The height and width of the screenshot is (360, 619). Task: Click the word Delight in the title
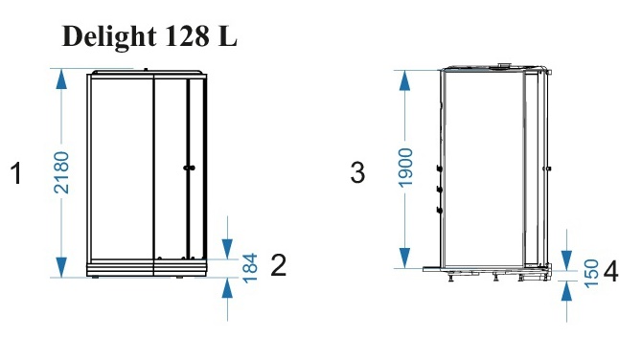coord(109,37)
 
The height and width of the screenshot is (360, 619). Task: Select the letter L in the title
coord(227,36)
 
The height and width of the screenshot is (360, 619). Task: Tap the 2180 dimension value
coord(61,172)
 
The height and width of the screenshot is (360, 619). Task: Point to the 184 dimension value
coord(250,268)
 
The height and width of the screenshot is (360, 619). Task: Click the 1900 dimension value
coord(405,168)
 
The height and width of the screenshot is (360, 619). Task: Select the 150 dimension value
coord(591,274)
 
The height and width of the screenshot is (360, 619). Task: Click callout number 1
coord(15,173)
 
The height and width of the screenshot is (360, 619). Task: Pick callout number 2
coord(278,265)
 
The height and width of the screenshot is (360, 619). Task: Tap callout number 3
coord(357,172)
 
